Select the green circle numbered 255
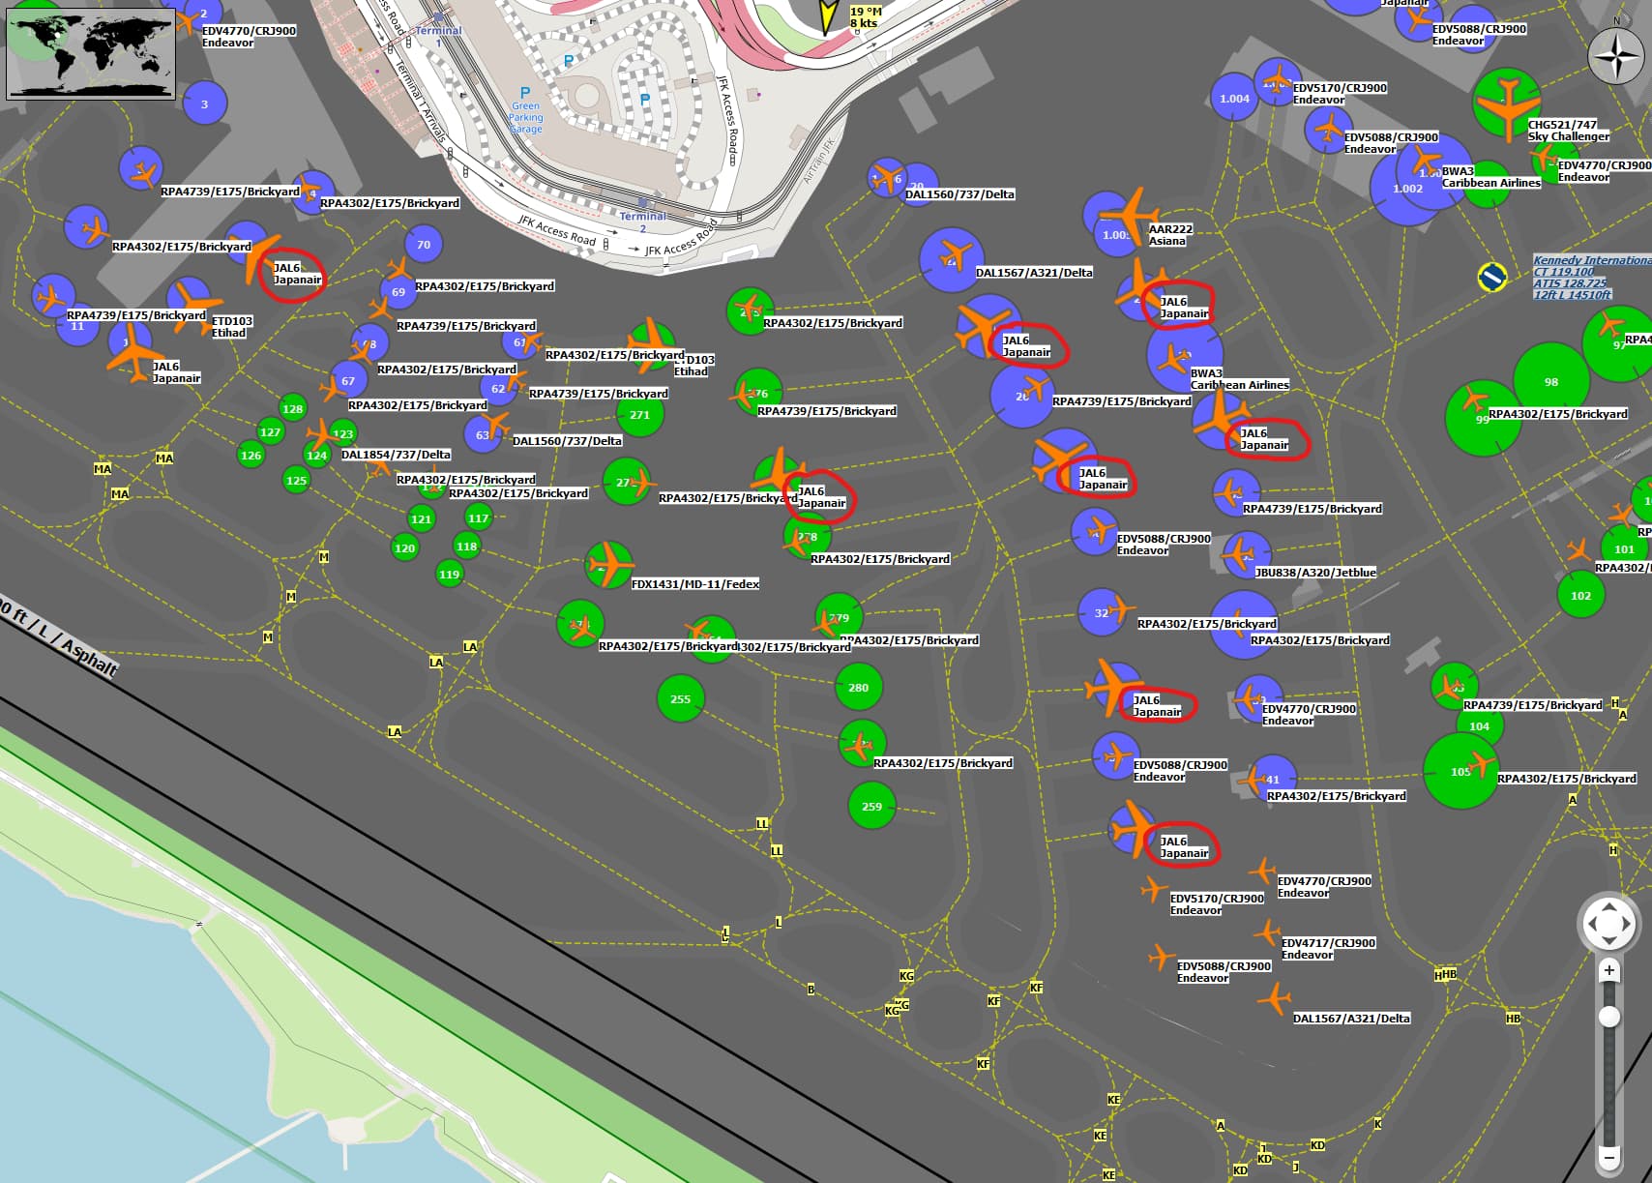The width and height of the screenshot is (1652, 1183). (x=681, y=699)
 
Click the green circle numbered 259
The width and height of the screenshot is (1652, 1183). (x=871, y=807)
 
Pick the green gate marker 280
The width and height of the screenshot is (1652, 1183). (x=858, y=688)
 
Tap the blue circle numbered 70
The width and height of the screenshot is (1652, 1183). (x=424, y=245)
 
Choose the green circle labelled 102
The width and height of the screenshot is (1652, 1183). (x=1580, y=596)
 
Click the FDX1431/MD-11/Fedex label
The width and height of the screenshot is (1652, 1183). (x=694, y=584)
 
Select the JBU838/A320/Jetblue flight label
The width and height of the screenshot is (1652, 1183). (x=1314, y=573)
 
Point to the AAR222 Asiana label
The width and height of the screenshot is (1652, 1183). (x=1169, y=235)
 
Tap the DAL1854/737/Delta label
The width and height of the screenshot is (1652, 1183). (x=396, y=455)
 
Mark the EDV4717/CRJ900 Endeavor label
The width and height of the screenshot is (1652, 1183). (x=1327, y=949)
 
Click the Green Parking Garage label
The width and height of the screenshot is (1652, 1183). (x=526, y=117)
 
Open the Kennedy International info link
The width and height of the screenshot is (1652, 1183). (x=1590, y=278)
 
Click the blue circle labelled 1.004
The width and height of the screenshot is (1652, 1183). (x=1234, y=99)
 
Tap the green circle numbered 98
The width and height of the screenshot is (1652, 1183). (x=1550, y=382)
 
